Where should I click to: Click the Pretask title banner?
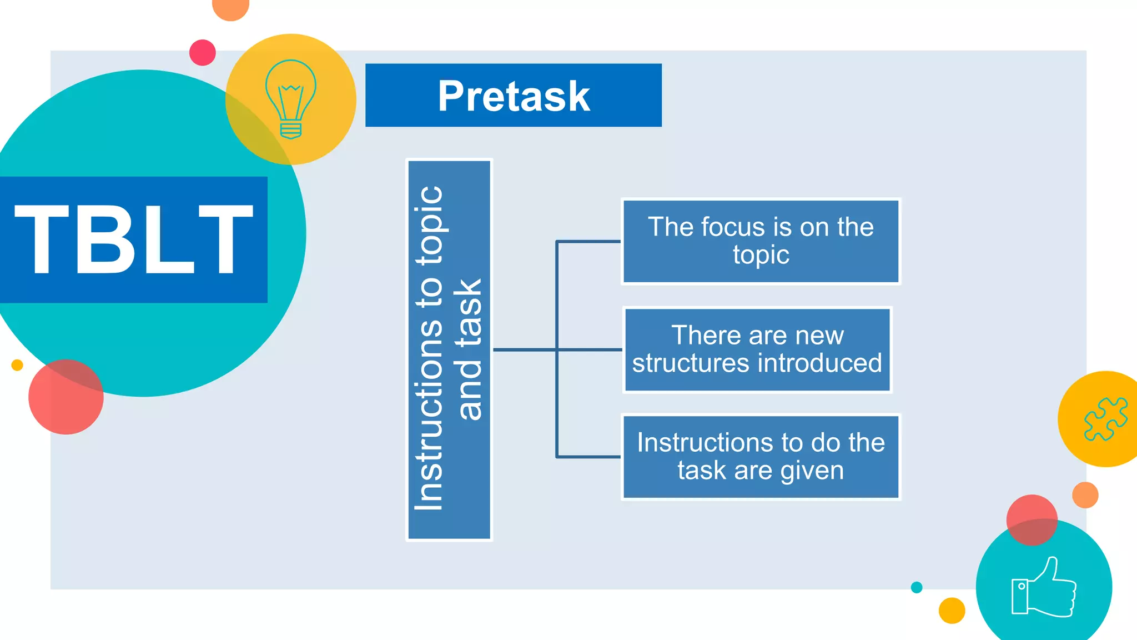pos(513,95)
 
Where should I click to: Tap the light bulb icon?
pos(290,99)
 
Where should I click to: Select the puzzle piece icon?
pos(1105,419)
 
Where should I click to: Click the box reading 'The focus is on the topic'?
pos(761,241)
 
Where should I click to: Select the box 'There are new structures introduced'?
pos(757,349)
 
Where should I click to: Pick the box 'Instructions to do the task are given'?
pos(761,457)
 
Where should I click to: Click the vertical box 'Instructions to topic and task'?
pos(449,349)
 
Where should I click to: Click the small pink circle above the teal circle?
pos(202,53)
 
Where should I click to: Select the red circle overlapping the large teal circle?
pos(66,397)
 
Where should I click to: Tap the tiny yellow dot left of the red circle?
pos(17,365)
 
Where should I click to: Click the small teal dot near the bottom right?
pos(917,587)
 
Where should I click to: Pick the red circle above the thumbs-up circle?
pos(1032,519)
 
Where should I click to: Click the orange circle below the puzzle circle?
pos(1085,495)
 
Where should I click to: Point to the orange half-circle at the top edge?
pos(230,8)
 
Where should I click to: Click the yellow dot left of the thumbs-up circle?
pos(952,611)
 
